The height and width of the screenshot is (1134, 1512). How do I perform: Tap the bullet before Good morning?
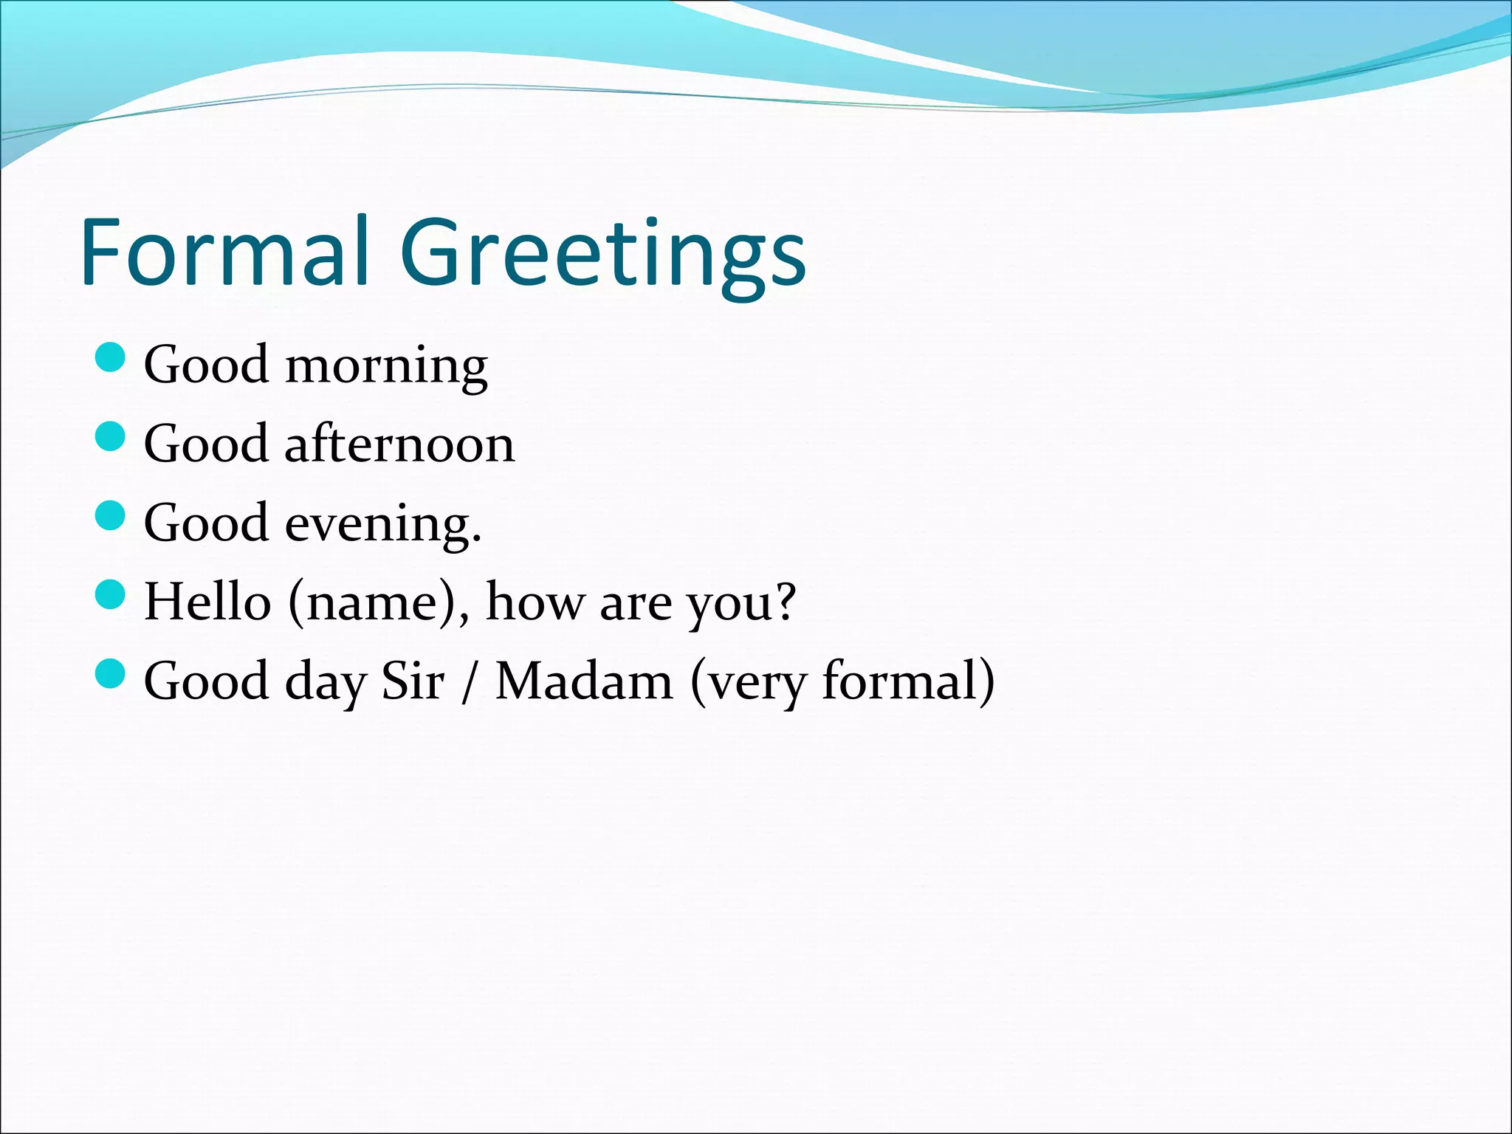coord(111,357)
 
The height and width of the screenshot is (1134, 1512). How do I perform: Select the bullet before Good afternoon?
coord(111,436)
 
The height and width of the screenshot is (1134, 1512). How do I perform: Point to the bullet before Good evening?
coord(111,515)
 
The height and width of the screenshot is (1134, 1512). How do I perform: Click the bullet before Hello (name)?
coord(111,594)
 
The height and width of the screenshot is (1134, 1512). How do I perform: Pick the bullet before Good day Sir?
coord(111,673)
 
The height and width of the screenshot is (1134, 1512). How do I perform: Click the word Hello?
coord(207,602)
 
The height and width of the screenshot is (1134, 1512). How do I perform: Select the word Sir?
coord(413,681)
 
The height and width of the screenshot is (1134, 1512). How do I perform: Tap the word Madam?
coord(584,681)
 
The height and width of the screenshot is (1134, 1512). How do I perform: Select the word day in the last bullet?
coord(326,683)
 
